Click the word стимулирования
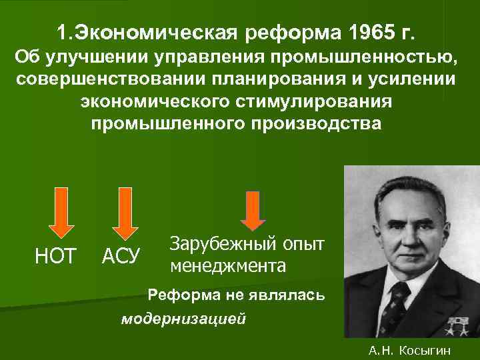(313, 103)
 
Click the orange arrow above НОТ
(60, 211)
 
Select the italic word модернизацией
(183, 317)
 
